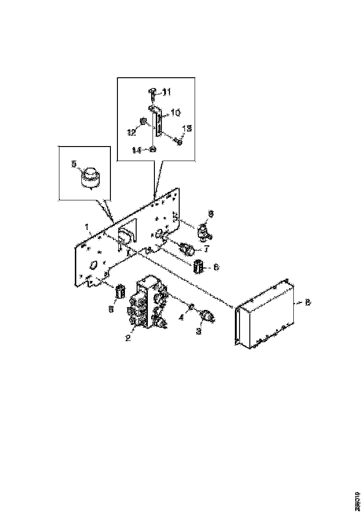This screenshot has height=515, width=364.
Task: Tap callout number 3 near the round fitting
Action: pyautogui.click(x=199, y=331)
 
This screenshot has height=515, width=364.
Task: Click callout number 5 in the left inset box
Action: pyautogui.click(x=74, y=164)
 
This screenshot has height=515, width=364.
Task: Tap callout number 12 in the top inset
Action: pyautogui.click(x=132, y=132)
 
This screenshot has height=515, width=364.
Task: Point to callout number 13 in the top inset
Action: pyautogui.click(x=186, y=128)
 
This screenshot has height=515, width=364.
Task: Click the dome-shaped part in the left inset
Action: pyautogui.click(x=90, y=178)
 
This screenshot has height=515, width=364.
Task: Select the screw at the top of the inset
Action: pyautogui.click(x=153, y=96)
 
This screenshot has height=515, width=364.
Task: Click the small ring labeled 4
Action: pyautogui.click(x=191, y=307)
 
